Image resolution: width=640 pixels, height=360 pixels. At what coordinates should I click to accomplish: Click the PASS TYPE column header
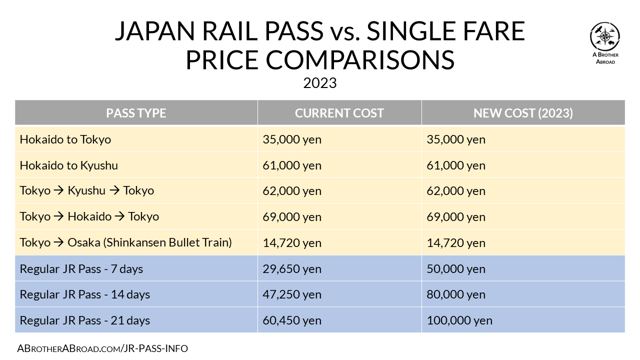[x=136, y=113]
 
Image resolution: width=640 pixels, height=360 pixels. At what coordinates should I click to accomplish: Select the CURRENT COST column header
[x=339, y=113]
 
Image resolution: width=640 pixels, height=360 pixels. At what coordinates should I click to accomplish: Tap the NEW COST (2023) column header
[x=523, y=113]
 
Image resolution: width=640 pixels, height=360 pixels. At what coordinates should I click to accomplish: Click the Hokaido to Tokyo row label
[x=65, y=139]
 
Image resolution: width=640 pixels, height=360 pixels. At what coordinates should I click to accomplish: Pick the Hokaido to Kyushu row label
[x=69, y=165]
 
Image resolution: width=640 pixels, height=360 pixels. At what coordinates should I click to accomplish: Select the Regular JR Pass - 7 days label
[x=81, y=269]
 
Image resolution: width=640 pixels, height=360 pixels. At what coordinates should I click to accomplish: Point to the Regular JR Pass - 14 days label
[x=85, y=294]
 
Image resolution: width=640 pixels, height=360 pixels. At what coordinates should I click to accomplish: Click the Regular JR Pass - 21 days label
[x=85, y=320]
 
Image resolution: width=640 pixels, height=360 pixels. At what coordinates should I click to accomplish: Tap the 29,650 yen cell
[x=292, y=269]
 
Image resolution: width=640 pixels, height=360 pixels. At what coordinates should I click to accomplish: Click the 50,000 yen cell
[x=456, y=269]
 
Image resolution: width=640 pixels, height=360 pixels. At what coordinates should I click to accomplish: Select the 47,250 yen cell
[x=292, y=294]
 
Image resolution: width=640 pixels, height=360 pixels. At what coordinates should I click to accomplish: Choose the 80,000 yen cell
[x=456, y=294]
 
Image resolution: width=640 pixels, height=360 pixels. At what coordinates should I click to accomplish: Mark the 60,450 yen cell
[x=292, y=320]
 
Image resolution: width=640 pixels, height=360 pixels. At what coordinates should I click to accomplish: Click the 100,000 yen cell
[x=459, y=320]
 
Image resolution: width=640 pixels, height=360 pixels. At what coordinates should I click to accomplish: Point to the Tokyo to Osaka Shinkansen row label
[x=126, y=243]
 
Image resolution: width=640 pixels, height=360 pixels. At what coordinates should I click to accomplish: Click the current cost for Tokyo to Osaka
[x=292, y=243]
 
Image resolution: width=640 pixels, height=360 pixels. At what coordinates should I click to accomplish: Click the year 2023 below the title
[x=320, y=83]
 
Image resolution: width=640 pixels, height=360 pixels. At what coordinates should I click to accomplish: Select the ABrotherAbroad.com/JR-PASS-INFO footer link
[x=102, y=348]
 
